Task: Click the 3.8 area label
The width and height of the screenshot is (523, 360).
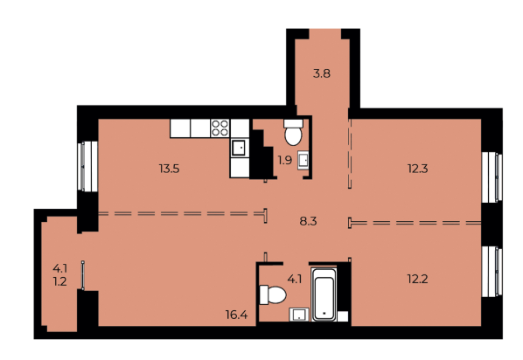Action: [x=322, y=74]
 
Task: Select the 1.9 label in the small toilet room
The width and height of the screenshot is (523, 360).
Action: [x=285, y=160]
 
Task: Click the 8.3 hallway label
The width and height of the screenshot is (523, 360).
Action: [x=307, y=222]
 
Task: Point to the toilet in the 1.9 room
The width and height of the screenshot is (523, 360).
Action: [x=293, y=135]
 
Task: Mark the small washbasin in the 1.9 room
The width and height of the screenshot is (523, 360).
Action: [x=303, y=160]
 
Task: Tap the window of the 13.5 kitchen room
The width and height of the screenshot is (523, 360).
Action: [x=85, y=163]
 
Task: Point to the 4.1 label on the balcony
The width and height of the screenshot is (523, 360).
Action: [x=59, y=269]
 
